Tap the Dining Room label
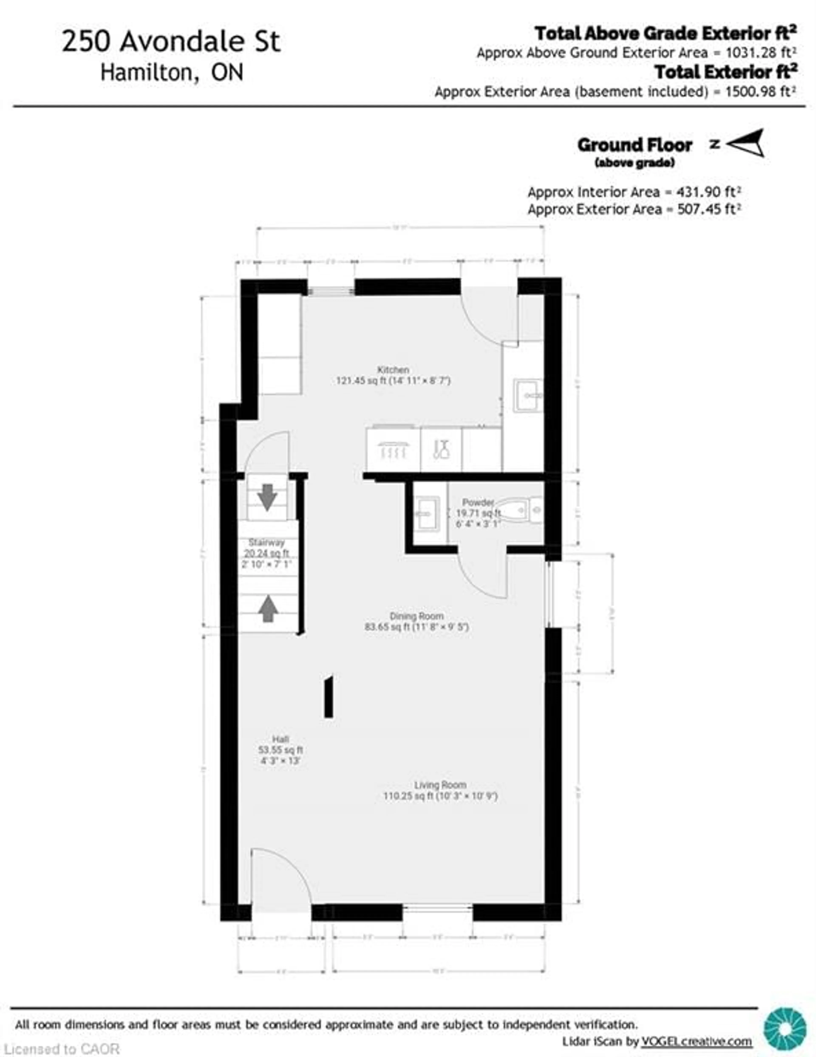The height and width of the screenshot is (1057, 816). point(416,616)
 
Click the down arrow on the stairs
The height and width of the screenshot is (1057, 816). point(267,497)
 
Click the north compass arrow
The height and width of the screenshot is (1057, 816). point(745,143)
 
